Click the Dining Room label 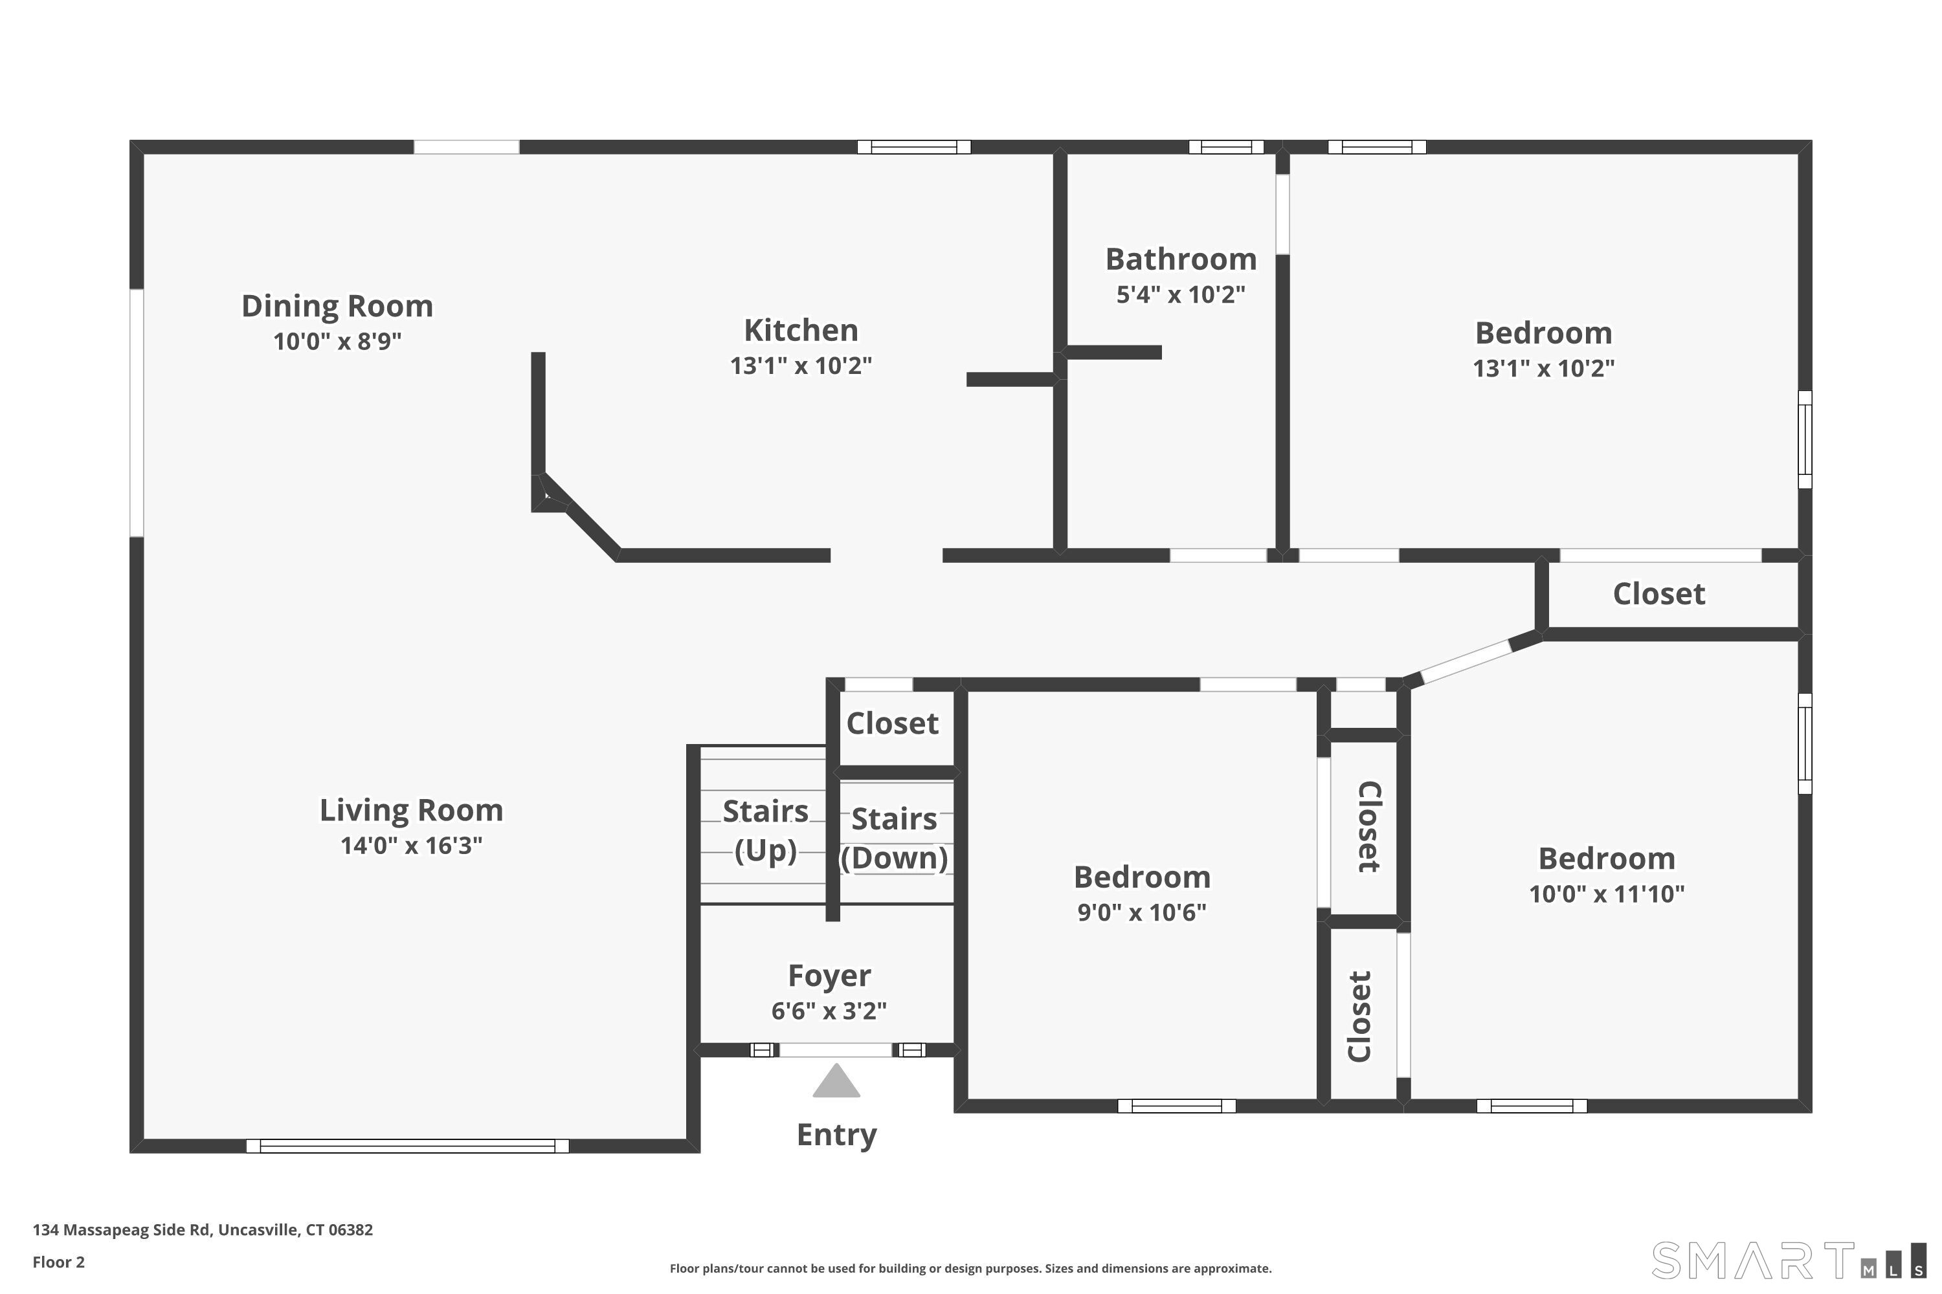click(337, 306)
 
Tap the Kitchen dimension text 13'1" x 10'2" click(800, 366)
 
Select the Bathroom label click(1181, 259)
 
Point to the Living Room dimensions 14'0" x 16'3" click(411, 845)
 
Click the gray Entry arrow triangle click(836, 1082)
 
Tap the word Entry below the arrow click(836, 1135)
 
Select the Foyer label click(829, 976)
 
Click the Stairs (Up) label click(765, 830)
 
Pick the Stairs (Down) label click(894, 838)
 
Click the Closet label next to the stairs click(892, 724)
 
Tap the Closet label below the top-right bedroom click(1658, 594)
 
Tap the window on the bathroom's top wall click(1225, 147)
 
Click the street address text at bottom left click(202, 1230)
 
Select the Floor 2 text click(59, 1262)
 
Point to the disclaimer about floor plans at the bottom click(970, 1268)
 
